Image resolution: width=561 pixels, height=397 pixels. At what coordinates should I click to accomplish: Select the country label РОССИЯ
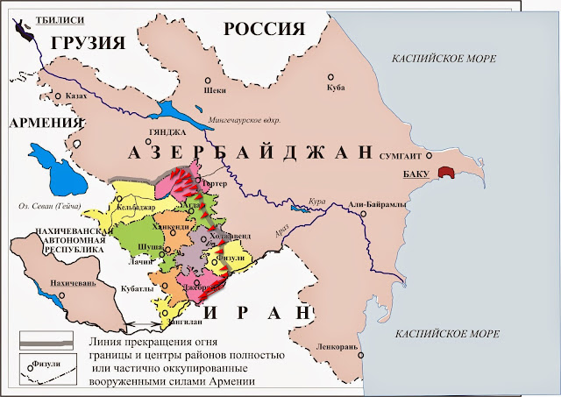(264, 29)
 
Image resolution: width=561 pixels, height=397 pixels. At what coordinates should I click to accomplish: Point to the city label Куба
(336, 88)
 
